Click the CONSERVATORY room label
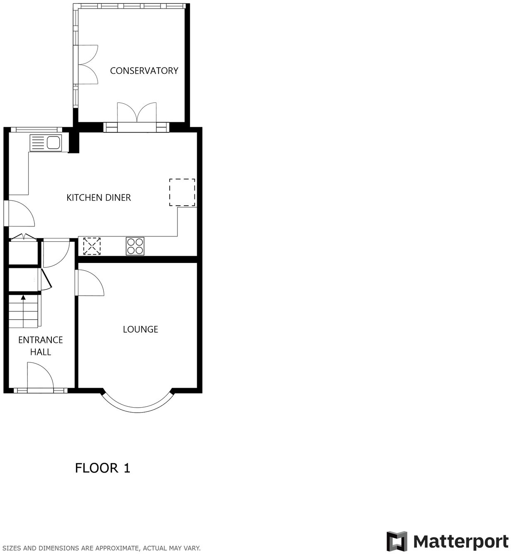coord(144,70)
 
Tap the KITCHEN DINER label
coord(99,197)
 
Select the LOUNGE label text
coord(140,329)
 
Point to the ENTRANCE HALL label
coord(41,346)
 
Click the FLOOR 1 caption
coord(102,468)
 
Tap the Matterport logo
coord(447,542)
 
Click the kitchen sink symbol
coord(46,143)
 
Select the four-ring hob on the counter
coord(135,246)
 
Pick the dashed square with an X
coord(92,246)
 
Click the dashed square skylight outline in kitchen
coord(182,192)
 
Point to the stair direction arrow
coord(23,297)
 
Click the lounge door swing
coord(89,283)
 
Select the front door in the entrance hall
coord(40,377)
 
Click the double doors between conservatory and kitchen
coord(136,114)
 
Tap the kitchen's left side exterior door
coord(21,214)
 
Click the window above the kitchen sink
coord(34,129)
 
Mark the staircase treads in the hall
coord(24,312)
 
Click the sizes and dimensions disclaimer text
coord(102,548)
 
